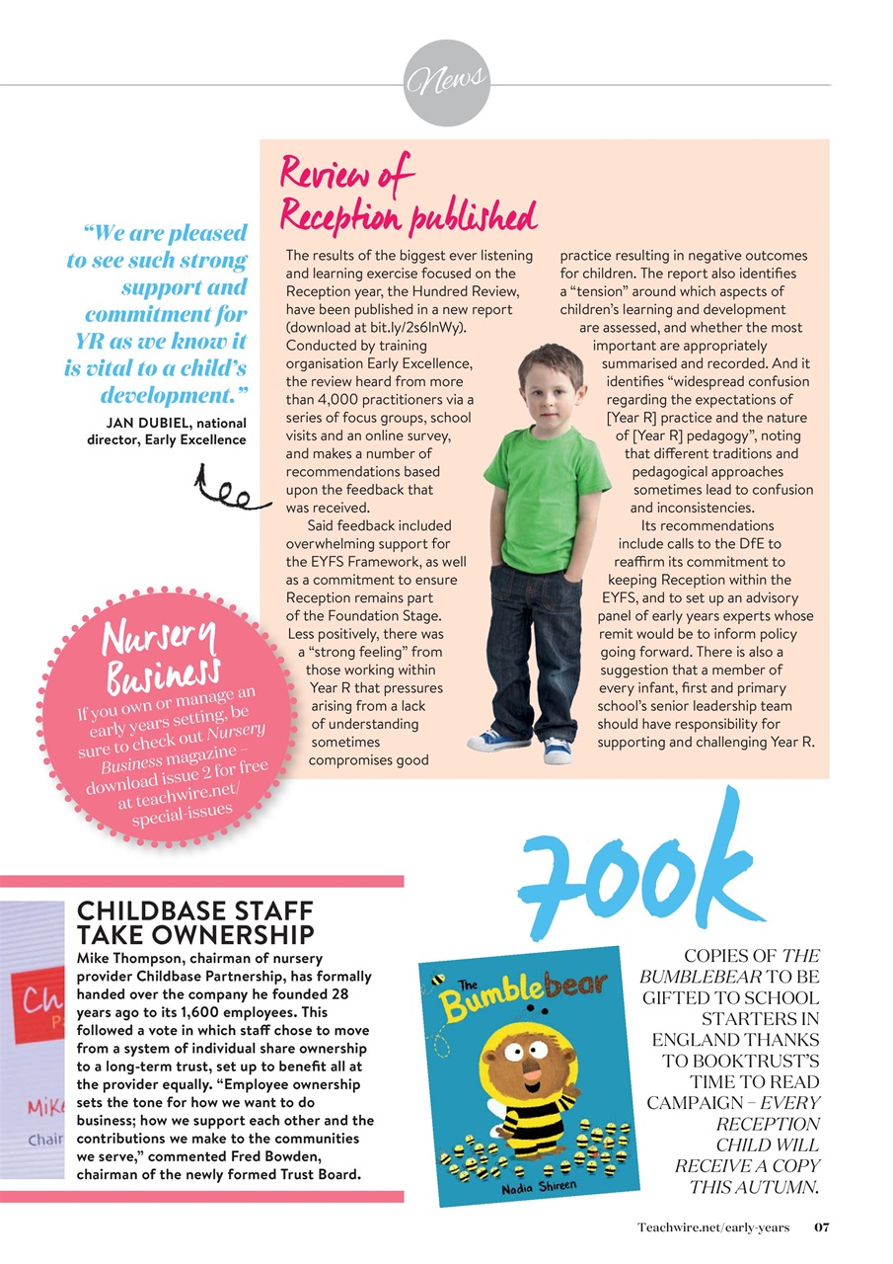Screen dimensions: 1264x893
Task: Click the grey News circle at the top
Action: click(447, 83)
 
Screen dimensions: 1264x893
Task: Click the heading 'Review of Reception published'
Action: click(408, 195)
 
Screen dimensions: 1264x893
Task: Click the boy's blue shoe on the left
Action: click(497, 740)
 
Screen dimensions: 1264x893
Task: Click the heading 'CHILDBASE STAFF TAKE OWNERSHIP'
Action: click(195, 922)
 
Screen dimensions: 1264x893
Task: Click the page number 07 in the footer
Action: click(821, 1227)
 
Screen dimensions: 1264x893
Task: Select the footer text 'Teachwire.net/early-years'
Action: click(713, 1227)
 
